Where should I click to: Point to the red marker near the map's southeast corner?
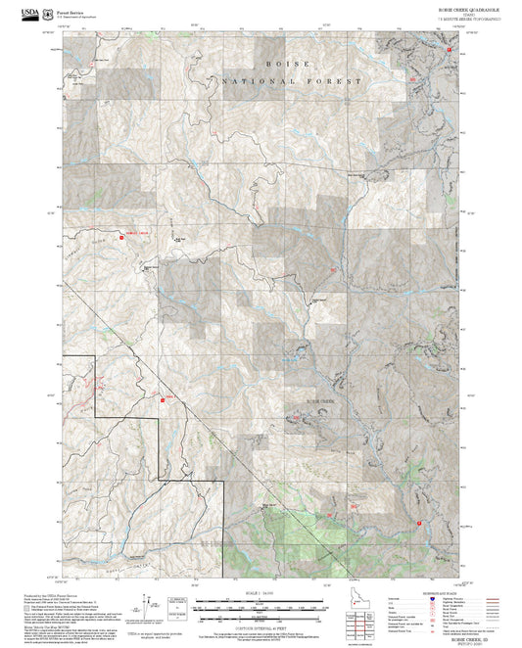point(420,524)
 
